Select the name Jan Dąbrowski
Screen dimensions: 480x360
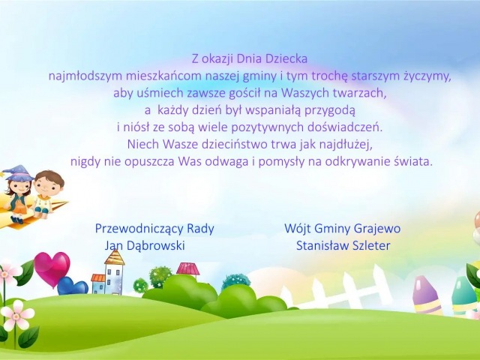(x=145, y=245)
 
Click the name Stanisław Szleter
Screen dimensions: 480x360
(x=343, y=245)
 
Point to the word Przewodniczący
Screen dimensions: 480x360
(x=139, y=229)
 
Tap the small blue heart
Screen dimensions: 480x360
(x=72, y=286)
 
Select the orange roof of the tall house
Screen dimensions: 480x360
(x=115, y=257)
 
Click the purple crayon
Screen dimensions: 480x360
(x=426, y=295)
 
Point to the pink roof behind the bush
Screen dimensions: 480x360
(x=187, y=268)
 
